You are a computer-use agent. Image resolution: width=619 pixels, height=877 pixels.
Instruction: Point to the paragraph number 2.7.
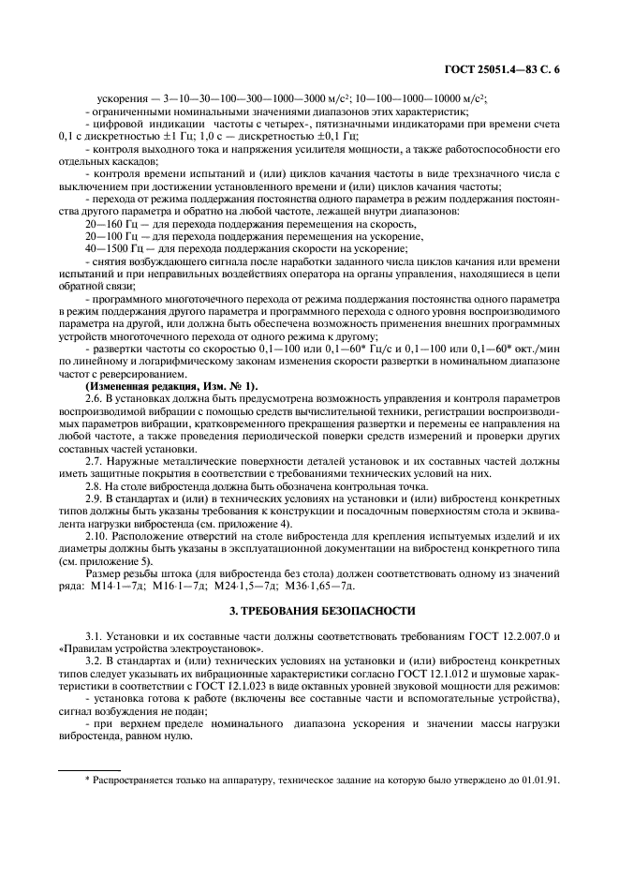tap(95, 462)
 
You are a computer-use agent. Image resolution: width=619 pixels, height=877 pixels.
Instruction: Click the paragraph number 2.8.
tap(95, 487)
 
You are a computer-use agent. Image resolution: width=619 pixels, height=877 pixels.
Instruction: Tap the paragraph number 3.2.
tap(95, 661)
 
